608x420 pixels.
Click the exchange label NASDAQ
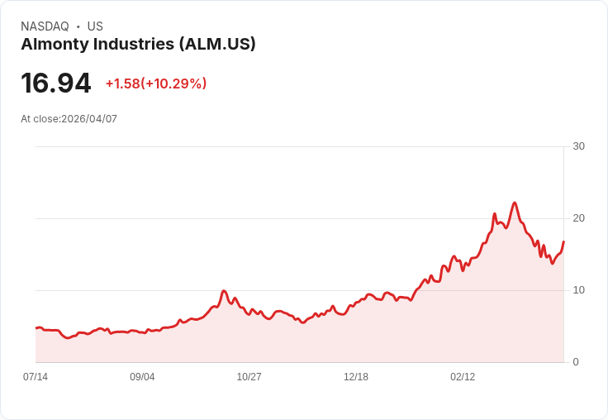tap(45, 26)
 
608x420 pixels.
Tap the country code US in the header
tap(95, 26)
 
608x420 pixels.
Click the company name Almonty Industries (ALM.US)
tap(138, 44)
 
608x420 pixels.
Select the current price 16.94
tap(55, 84)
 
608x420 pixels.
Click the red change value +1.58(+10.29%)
tap(156, 84)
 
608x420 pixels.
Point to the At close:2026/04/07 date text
tap(69, 119)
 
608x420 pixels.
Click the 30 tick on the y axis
tap(578, 146)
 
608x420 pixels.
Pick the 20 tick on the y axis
tap(578, 218)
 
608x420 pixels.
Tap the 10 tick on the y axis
tap(578, 290)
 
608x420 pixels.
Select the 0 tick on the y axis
tap(576, 362)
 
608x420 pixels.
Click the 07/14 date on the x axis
tap(36, 377)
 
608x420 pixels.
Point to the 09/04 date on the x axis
tap(142, 377)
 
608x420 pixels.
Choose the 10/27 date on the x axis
tap(249, 377)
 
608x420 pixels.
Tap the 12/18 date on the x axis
tap(356, 377)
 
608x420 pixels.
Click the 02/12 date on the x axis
tap(463, 377)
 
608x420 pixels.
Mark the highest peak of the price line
tap(515, 203)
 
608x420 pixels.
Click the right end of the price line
tap(563, 242)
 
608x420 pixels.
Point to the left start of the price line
tap(36, 328)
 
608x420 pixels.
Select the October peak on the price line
tap(224, 291)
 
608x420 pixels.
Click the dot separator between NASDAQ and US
tap(78, 26)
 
